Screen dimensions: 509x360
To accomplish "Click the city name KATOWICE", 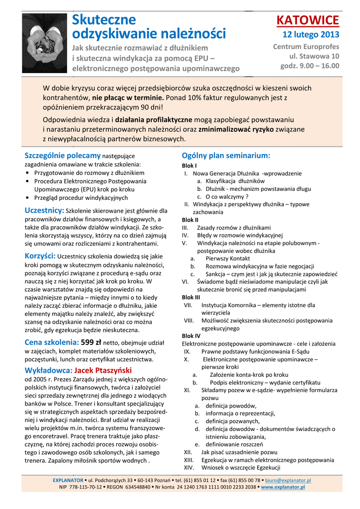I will (307, 20).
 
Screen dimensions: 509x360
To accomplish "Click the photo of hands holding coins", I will (45, 42).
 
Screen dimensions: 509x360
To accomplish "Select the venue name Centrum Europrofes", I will (306, 47).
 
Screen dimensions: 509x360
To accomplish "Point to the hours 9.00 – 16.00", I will (310, 66).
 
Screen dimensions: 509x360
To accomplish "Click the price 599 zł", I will (91, 342).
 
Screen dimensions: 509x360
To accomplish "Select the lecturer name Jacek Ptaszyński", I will (103, 370).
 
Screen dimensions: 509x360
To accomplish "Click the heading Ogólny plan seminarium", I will (226, 156).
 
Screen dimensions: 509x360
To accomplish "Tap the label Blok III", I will (191, 297).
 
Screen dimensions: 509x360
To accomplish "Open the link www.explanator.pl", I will (282, 488).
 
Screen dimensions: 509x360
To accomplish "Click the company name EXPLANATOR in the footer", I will (68, 481).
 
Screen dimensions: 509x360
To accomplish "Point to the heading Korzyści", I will (40, 256).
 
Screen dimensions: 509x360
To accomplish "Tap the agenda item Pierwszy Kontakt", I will (227, 258).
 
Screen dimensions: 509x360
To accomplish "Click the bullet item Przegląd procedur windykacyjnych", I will (81, 197).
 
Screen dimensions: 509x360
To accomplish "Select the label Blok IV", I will (191, 336).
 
